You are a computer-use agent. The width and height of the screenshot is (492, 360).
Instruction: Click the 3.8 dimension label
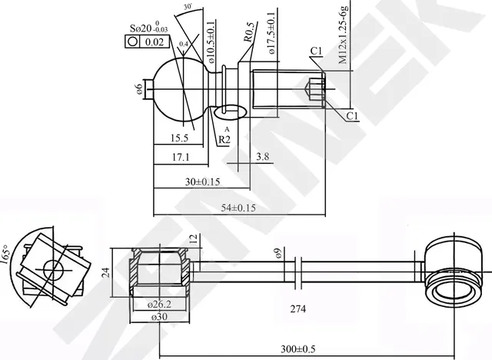click(x=261, y=157)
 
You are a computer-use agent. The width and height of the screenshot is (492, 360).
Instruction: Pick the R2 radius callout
click(x=224, y=139)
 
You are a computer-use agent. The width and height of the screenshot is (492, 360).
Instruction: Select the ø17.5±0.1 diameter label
click(x=271, y=31)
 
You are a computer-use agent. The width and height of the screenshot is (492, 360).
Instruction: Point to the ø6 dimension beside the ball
click(x=139, y=90)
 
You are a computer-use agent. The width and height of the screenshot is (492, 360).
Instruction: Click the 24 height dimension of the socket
click(x=105, y=272)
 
